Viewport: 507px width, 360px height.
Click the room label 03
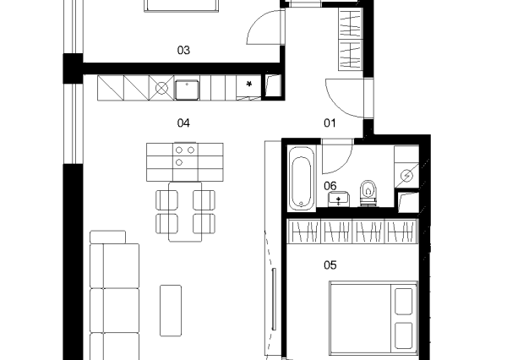coord(183,50)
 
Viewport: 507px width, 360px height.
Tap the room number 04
coord(183,123)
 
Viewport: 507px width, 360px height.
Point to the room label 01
coord(330,123)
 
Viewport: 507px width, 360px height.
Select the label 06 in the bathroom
coord(330,186)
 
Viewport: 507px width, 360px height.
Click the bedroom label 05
coord(330,265)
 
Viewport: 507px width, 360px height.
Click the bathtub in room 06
coord(301,178)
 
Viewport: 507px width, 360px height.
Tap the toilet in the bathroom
coord(368,193)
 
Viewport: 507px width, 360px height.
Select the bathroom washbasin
coord(339,199)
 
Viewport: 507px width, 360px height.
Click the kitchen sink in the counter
coord(187,90)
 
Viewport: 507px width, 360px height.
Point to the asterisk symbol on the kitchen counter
coord(249,85)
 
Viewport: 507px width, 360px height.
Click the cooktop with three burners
coord(185,155)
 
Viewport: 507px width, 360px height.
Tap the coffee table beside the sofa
coord(171,310)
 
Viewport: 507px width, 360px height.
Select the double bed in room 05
coord(373,319)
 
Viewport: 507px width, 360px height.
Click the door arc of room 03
coord(255,22)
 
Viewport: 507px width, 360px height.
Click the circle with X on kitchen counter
coord(161,88)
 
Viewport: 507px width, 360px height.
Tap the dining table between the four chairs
coord(185,212)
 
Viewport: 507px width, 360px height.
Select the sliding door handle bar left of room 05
coord(274,299)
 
